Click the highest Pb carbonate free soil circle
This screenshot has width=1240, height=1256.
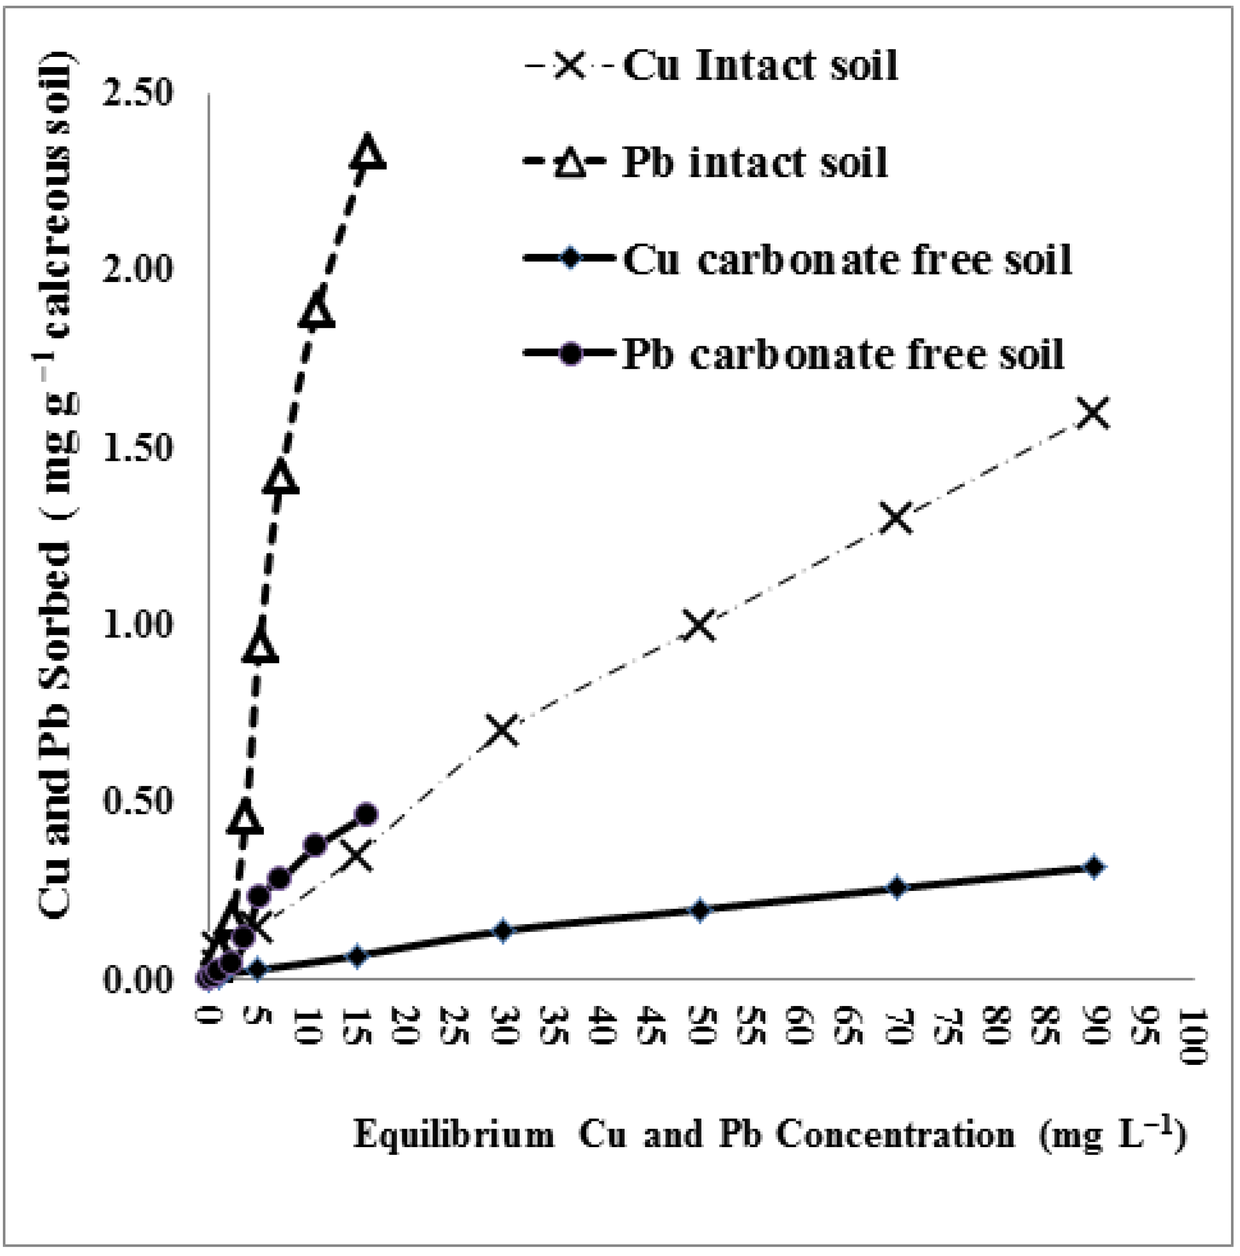click(x=367, y=814)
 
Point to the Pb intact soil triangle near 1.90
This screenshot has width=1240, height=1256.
click(x=317, y=310)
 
